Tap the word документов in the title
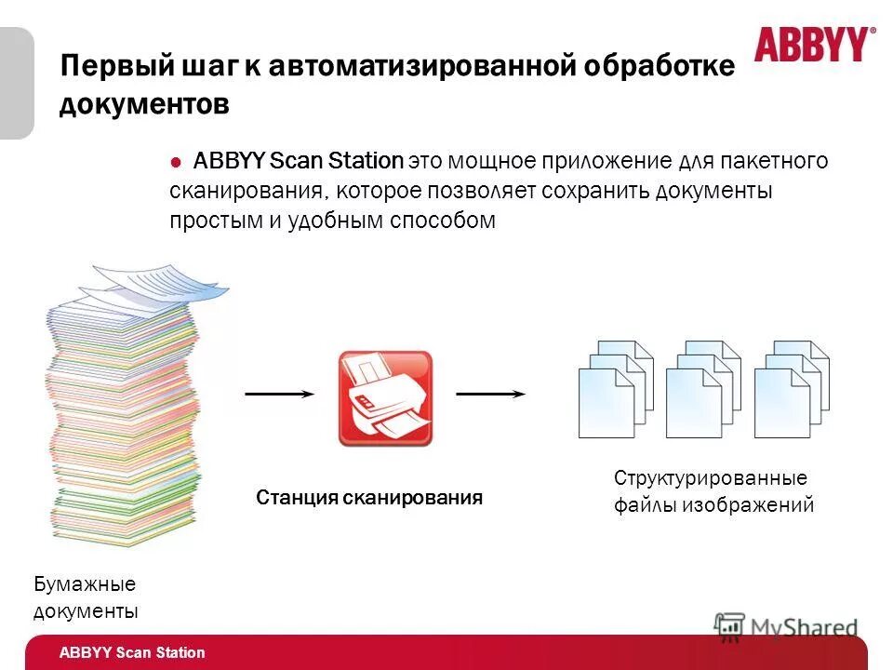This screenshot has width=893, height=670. click(144, 104)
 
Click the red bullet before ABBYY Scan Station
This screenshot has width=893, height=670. click(176, 161)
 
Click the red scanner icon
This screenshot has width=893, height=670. click(385, 397)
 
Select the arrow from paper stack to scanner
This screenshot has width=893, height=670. click(279, 394)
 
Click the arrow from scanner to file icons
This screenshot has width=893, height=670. click(490, 394)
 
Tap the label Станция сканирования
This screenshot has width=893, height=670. click(369, 498)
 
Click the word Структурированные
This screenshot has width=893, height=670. click(711, 478)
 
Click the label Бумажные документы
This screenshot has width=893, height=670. click(86, 597)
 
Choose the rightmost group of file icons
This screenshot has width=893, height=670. click(792, 388)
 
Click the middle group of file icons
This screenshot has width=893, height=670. click(703, 388)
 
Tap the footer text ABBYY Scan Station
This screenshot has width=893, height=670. click(132, 653)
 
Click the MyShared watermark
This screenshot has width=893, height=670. click(787, 626)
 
